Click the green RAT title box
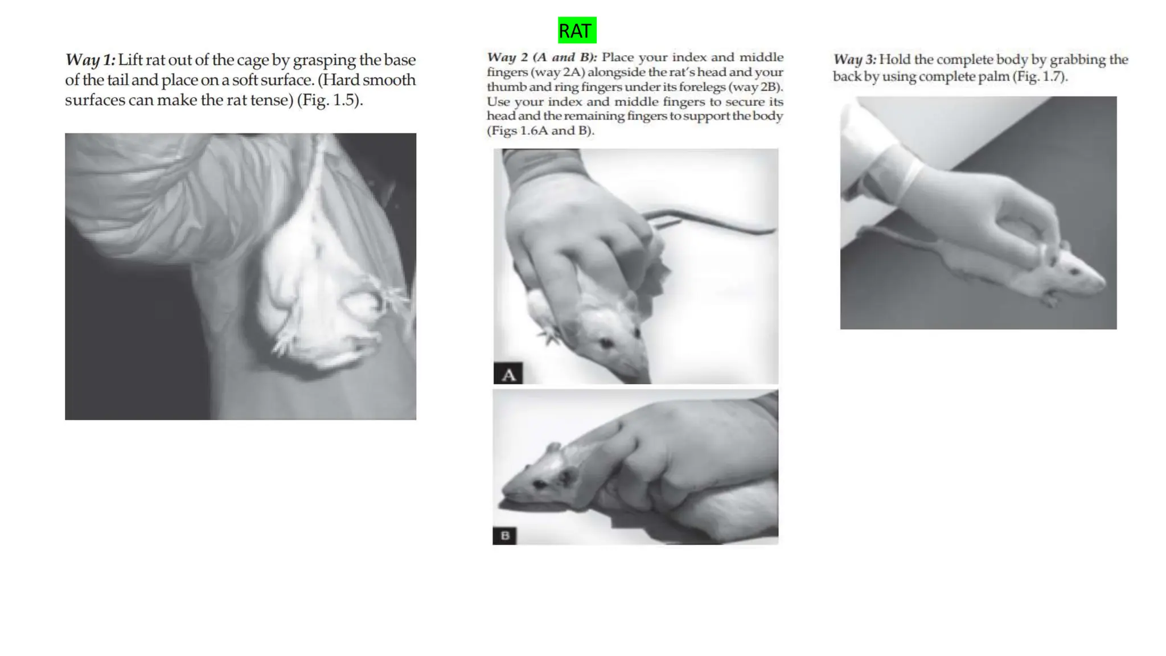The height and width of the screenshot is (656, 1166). pos(577,30)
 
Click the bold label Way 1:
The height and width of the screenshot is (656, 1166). pos(90,60)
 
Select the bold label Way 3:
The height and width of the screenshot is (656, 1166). pos(855,60)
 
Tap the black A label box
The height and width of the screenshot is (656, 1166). pos(508,374)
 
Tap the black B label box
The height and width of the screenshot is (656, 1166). pos(504,536)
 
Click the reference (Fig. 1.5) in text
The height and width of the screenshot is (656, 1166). pos(329,100)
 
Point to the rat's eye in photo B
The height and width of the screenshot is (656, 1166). pos(539,484)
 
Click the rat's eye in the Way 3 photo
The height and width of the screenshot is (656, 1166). pos(1074,272)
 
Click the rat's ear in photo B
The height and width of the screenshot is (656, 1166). pos(566,476)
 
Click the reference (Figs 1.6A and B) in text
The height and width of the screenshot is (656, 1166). pos(540,131)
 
